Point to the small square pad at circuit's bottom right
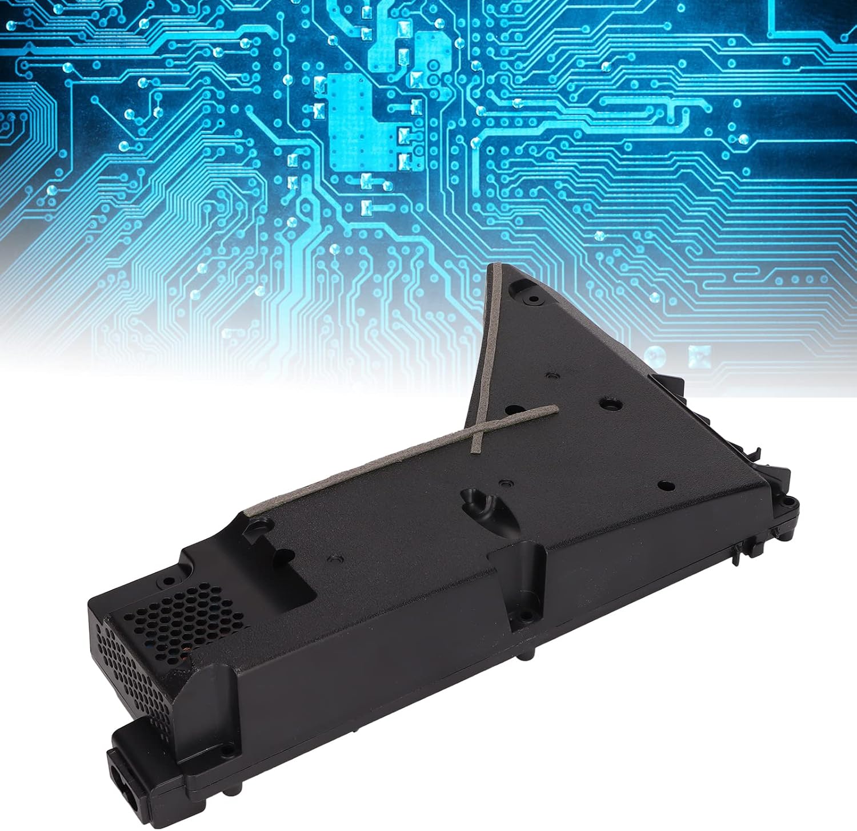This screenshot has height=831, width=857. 696,355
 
